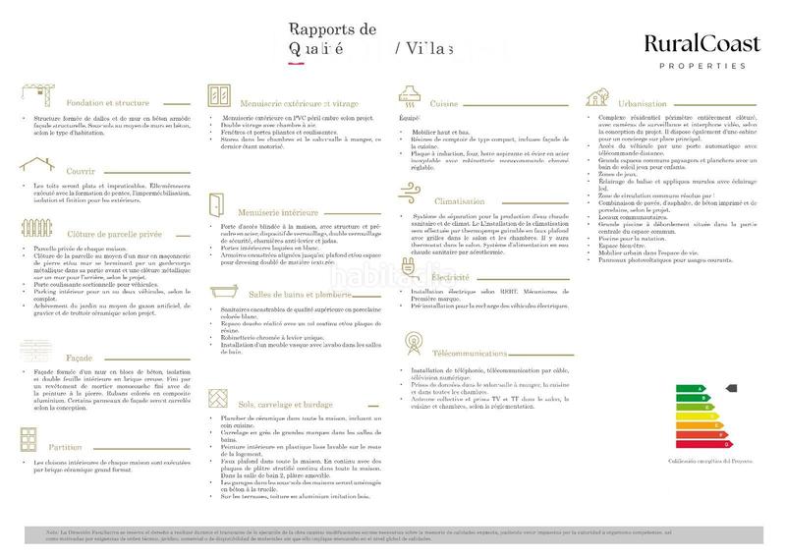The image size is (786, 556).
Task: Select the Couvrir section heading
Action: pyautogui.click(x=68, y=171)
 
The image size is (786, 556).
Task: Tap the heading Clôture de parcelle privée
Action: pyautogui.click(x=99, y=235)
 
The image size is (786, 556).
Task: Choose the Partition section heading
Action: pyautogui.click(x=71, y=446)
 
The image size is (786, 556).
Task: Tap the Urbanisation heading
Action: pyautogui.click(x=651, y=102)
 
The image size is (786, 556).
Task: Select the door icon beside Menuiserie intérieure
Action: pyautogui.click(x=215, y=207)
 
